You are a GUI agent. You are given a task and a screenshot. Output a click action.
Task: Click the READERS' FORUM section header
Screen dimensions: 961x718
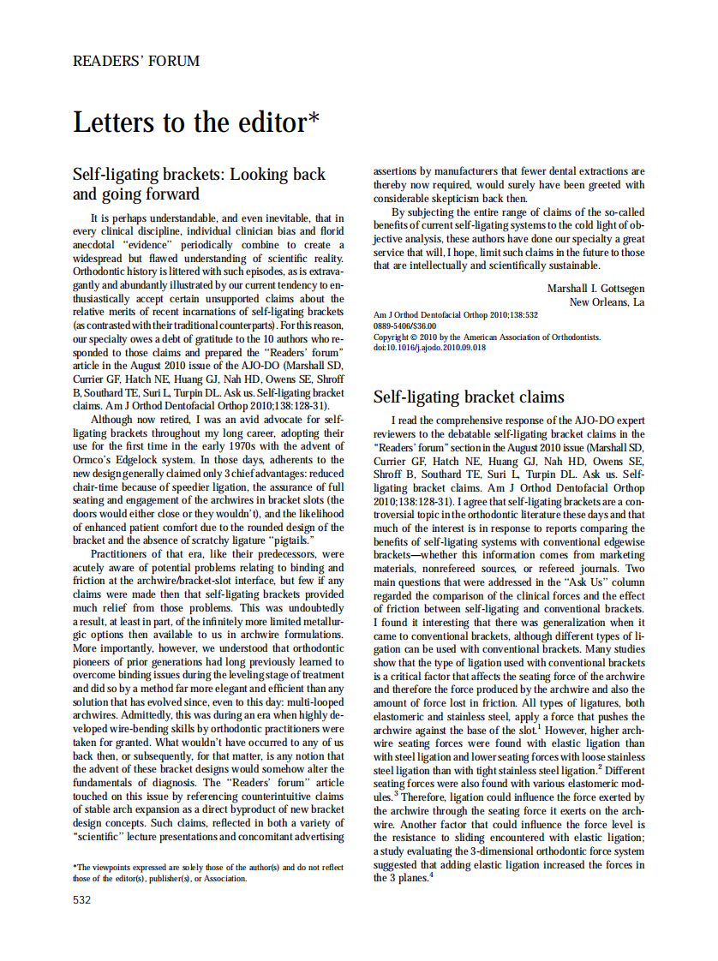(136, 62)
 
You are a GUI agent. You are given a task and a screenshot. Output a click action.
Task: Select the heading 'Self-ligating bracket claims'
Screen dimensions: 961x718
(469, 397)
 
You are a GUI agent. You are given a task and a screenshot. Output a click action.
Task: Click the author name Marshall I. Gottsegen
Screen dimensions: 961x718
(596, 289)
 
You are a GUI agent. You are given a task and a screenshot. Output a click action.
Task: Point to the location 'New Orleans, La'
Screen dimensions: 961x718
(607, 302)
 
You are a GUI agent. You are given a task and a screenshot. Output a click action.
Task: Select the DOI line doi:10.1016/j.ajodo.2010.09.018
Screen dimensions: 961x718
(430, 348)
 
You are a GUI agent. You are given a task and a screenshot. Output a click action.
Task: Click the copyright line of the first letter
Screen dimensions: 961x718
(488, 337)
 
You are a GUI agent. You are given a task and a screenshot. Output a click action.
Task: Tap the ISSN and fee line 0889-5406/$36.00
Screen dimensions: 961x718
(404, 326)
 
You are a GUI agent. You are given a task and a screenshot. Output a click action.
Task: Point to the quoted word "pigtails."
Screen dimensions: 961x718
(290, 540)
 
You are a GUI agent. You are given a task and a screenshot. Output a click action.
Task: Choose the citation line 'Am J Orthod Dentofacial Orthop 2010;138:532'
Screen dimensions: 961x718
(457, 315)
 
